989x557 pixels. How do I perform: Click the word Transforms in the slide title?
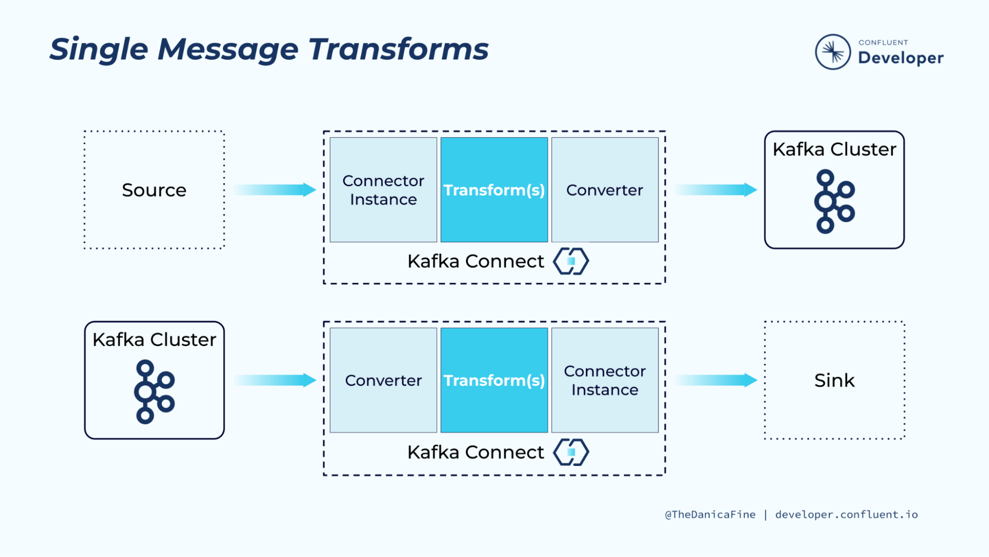[x=398, y=50]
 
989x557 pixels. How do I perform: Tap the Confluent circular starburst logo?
[x=833, y=52]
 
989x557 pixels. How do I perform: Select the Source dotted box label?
[x=154, y=190]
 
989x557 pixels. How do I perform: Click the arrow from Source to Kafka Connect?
[x=274, y=190]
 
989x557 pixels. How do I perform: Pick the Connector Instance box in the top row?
[x=383, y=190]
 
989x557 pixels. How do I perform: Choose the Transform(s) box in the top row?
[x=494, y=190]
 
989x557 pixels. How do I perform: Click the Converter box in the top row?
[x=605, y=190]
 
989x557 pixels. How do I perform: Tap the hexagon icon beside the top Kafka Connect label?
[x=571, y=261]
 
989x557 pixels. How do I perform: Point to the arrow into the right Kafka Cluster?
[x=715, y=190]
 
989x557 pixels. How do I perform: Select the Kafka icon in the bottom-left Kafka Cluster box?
[x=154, y=392]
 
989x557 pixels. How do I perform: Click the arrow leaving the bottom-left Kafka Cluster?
[x=274, y=380]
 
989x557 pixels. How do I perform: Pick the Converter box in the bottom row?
[x=383, y=380]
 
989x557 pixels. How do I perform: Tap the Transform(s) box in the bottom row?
[x=494, y=380]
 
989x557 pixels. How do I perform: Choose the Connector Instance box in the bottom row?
[x=605, y=380]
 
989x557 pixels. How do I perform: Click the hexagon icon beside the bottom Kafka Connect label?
[x=571, y=452]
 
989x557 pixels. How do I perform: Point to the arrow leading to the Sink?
[x=715, y=380]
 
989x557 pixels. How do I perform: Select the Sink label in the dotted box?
[x=834, y=380]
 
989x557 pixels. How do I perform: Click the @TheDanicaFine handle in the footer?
[x=710, y=514]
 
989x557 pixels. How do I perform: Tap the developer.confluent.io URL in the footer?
[x=846, y=514]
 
